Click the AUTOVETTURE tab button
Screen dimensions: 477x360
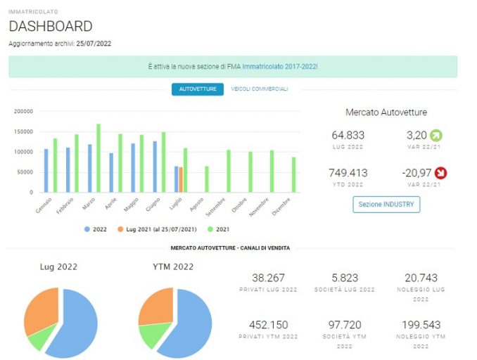(x=198, y=89)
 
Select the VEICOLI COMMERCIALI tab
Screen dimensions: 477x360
(x=260, y=89)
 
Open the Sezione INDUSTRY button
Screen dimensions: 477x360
(x=386, y=205)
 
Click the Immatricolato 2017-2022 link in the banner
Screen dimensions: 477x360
(x=279, y=66)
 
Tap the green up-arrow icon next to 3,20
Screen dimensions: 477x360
(x=436, y=135)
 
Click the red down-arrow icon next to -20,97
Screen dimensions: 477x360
(x=440, y=173)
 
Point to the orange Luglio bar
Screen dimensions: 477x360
(x=181, y=180)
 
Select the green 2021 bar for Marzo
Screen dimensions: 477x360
(x=98, y=158)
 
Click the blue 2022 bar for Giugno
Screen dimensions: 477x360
(x=155, y=167)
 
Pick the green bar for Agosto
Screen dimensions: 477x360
(x=207, y=179)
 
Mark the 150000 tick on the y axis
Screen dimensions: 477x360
(x=23, y=131)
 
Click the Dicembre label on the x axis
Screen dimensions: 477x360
(x=281, y=207)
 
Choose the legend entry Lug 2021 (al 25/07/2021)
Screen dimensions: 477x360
(x=158, y=229)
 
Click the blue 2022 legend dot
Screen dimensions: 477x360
(x=87, y=229)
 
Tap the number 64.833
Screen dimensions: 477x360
(x=348, y=135)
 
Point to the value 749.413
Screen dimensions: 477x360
(x=348, y=173)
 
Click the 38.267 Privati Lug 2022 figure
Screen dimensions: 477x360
(x=268, y=278)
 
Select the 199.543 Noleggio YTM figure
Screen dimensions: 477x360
(x=421, y=325)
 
